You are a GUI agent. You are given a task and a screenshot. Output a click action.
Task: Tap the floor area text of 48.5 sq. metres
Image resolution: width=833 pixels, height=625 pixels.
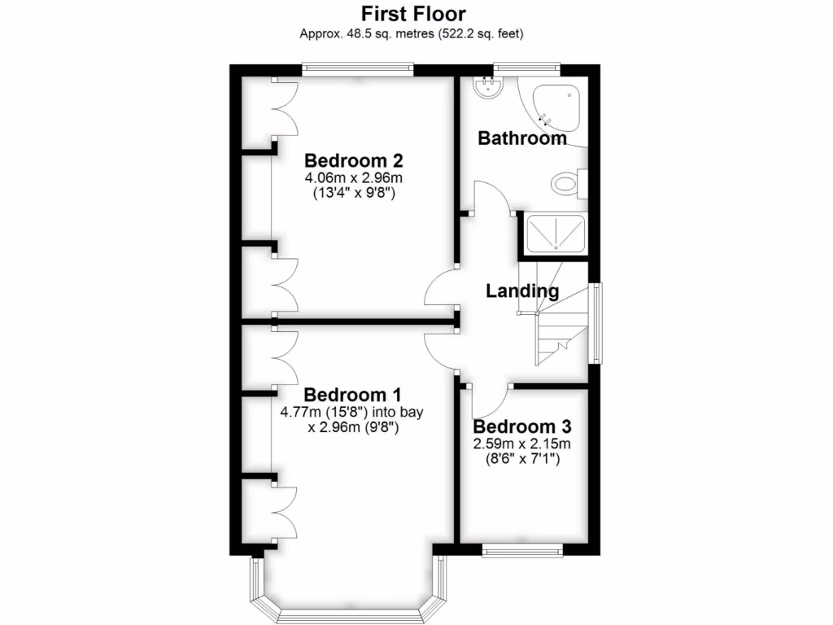coord(412,33)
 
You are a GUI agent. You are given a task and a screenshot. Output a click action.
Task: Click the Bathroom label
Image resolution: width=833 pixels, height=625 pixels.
coord(522,138)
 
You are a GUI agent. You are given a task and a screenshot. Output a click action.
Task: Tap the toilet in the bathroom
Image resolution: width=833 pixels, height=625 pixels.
coord(567,184)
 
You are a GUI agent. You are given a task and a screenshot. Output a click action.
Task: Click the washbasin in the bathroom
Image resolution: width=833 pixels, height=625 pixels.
coord(491,87)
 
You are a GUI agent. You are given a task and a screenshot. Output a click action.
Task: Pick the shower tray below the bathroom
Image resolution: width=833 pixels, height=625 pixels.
coord(556,234)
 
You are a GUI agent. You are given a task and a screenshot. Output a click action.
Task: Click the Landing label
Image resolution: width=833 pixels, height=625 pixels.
coord(522,291)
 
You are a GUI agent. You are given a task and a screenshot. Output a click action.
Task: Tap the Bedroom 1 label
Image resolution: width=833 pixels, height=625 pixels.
coord(352,396)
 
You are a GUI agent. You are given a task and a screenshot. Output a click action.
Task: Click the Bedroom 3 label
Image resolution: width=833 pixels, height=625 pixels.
coord(522,427)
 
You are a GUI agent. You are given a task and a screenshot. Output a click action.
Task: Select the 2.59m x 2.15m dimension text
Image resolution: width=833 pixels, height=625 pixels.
coord(522,444)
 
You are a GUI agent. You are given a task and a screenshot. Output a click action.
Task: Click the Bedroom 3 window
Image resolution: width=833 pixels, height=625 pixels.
coord(522,551)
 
